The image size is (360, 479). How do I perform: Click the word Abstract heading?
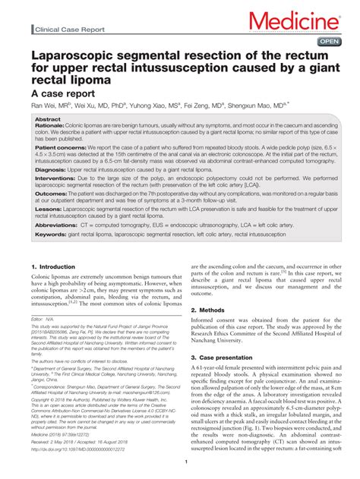pyautogui.click(x=49, y=120)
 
